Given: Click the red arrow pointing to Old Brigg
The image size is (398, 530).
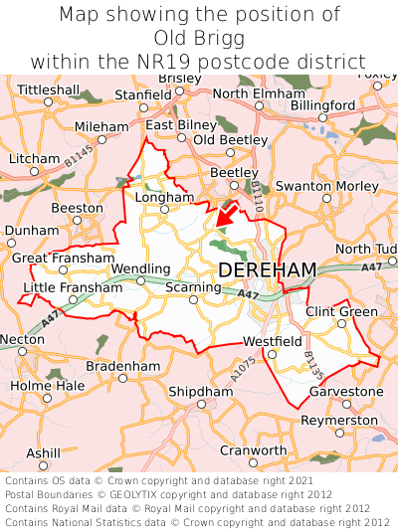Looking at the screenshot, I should coord(227,212).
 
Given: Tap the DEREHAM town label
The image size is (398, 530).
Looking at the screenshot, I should coord(267,270).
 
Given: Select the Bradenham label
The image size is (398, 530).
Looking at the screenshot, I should coord(122,366).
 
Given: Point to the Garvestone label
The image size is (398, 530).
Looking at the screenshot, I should coord(346,391).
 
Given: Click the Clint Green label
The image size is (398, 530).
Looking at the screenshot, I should coord(341,311).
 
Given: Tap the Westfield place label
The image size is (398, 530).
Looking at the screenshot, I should coord(272,341).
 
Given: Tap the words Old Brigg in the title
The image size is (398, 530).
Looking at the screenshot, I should coord(199,38).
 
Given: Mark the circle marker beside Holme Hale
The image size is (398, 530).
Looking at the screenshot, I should coord(46,398).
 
